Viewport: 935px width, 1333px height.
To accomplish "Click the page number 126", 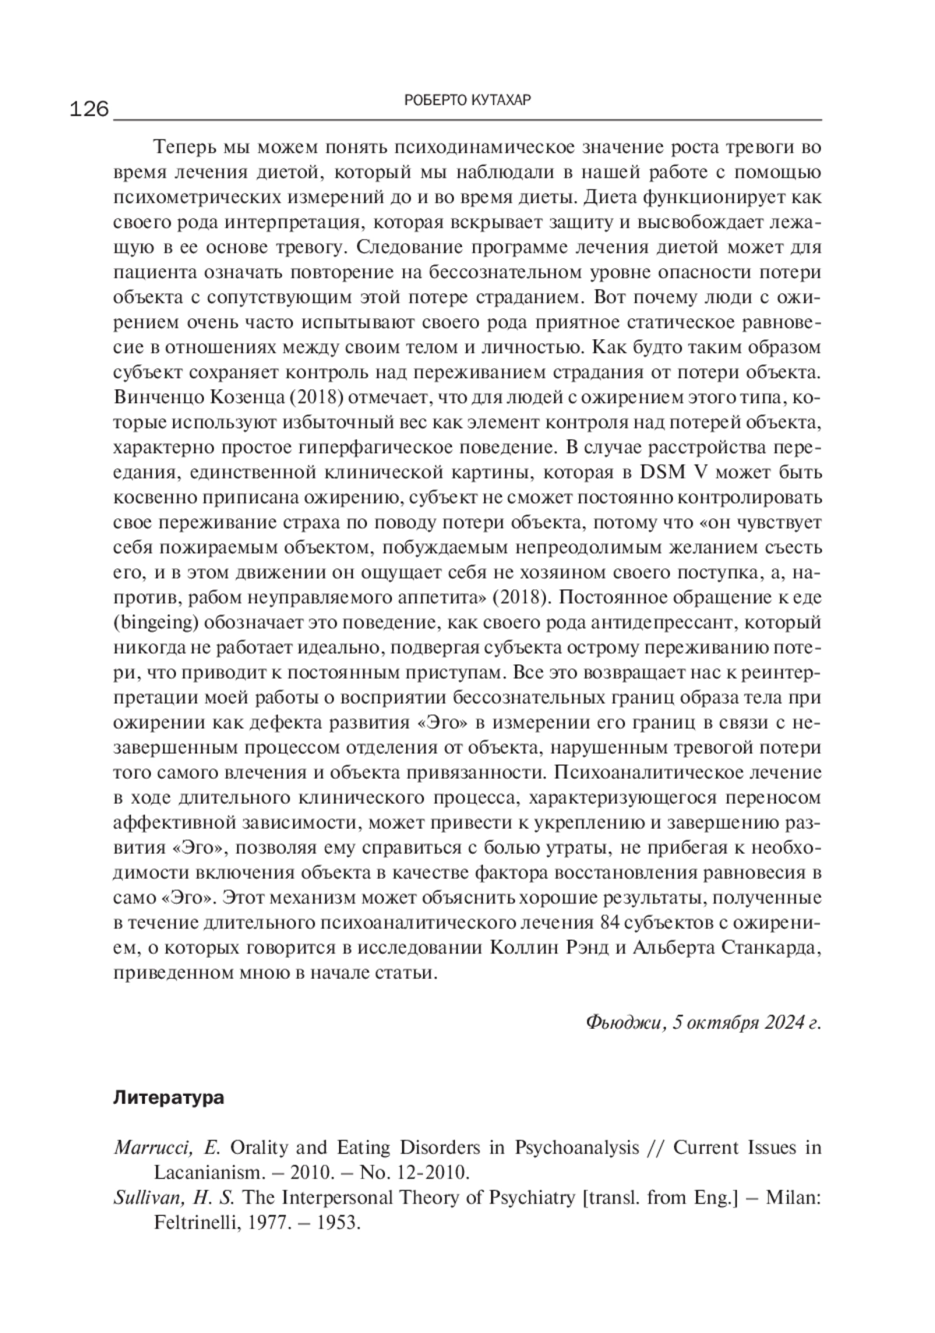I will [90, 109].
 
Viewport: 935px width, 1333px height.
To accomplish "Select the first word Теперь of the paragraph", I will [182, 147].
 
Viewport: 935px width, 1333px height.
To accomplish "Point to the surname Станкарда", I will [767, 948].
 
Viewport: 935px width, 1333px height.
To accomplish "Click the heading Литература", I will [168, 1098].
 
